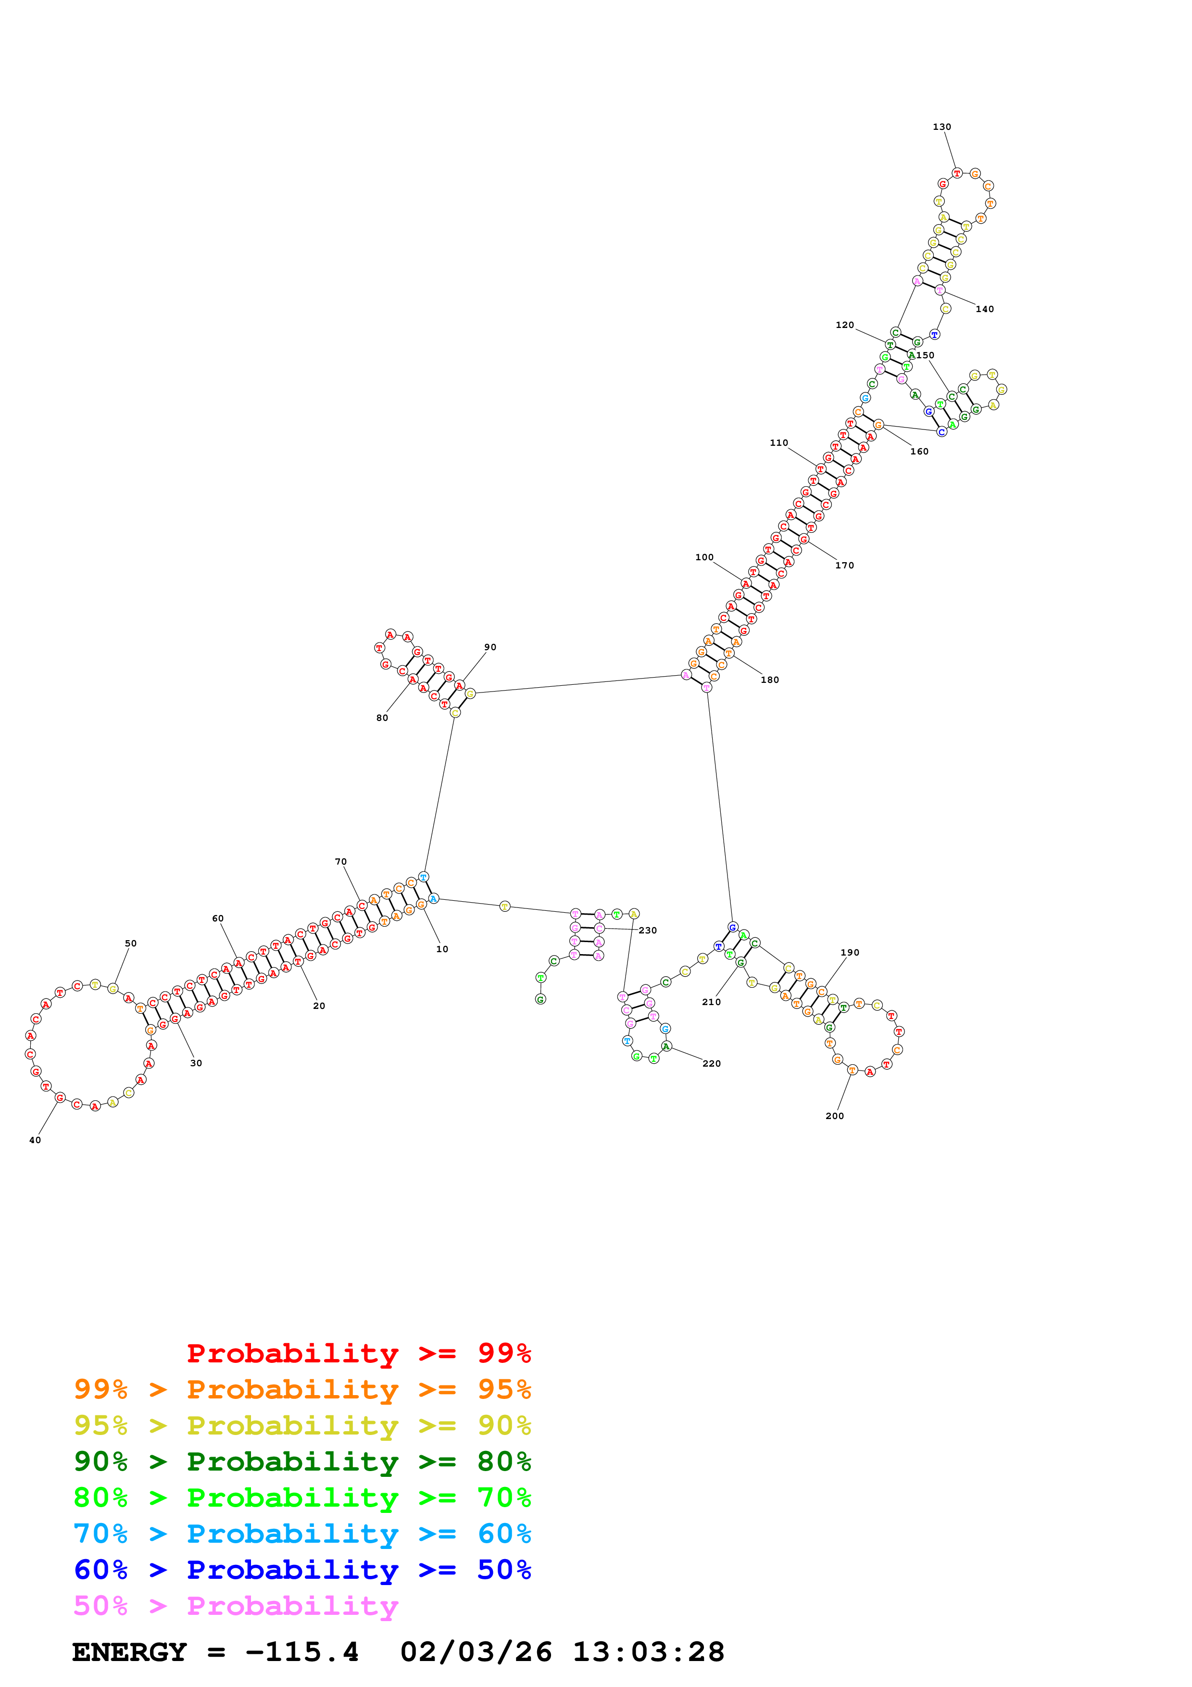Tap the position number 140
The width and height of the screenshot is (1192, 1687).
[x=984, y=309]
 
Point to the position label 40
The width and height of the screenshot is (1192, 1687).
[x=35, y=1140]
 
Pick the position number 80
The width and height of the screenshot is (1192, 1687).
[x=382, y=718]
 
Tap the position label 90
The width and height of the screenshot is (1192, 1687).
[x=490, y=647]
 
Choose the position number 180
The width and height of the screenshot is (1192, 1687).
[x=770, y=680]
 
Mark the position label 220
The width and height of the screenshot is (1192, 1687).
[x=711, y=1063]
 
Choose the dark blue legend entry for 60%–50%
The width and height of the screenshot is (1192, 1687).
[x=302, y=1570]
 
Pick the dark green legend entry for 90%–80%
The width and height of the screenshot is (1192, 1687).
[x=302, y=1461]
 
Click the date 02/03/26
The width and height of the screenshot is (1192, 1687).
[x=476, y=1652]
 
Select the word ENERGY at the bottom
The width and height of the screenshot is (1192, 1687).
[x=129, y=1652]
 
